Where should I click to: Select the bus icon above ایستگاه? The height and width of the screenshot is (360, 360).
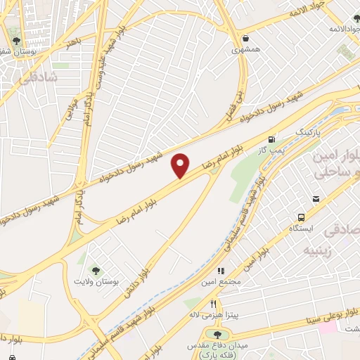(302, 217)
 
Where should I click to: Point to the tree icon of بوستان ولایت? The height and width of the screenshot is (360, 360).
(94, 269)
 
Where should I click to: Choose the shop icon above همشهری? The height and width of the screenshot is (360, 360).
(245, 39)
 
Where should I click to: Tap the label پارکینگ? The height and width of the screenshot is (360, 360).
(306, 132)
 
